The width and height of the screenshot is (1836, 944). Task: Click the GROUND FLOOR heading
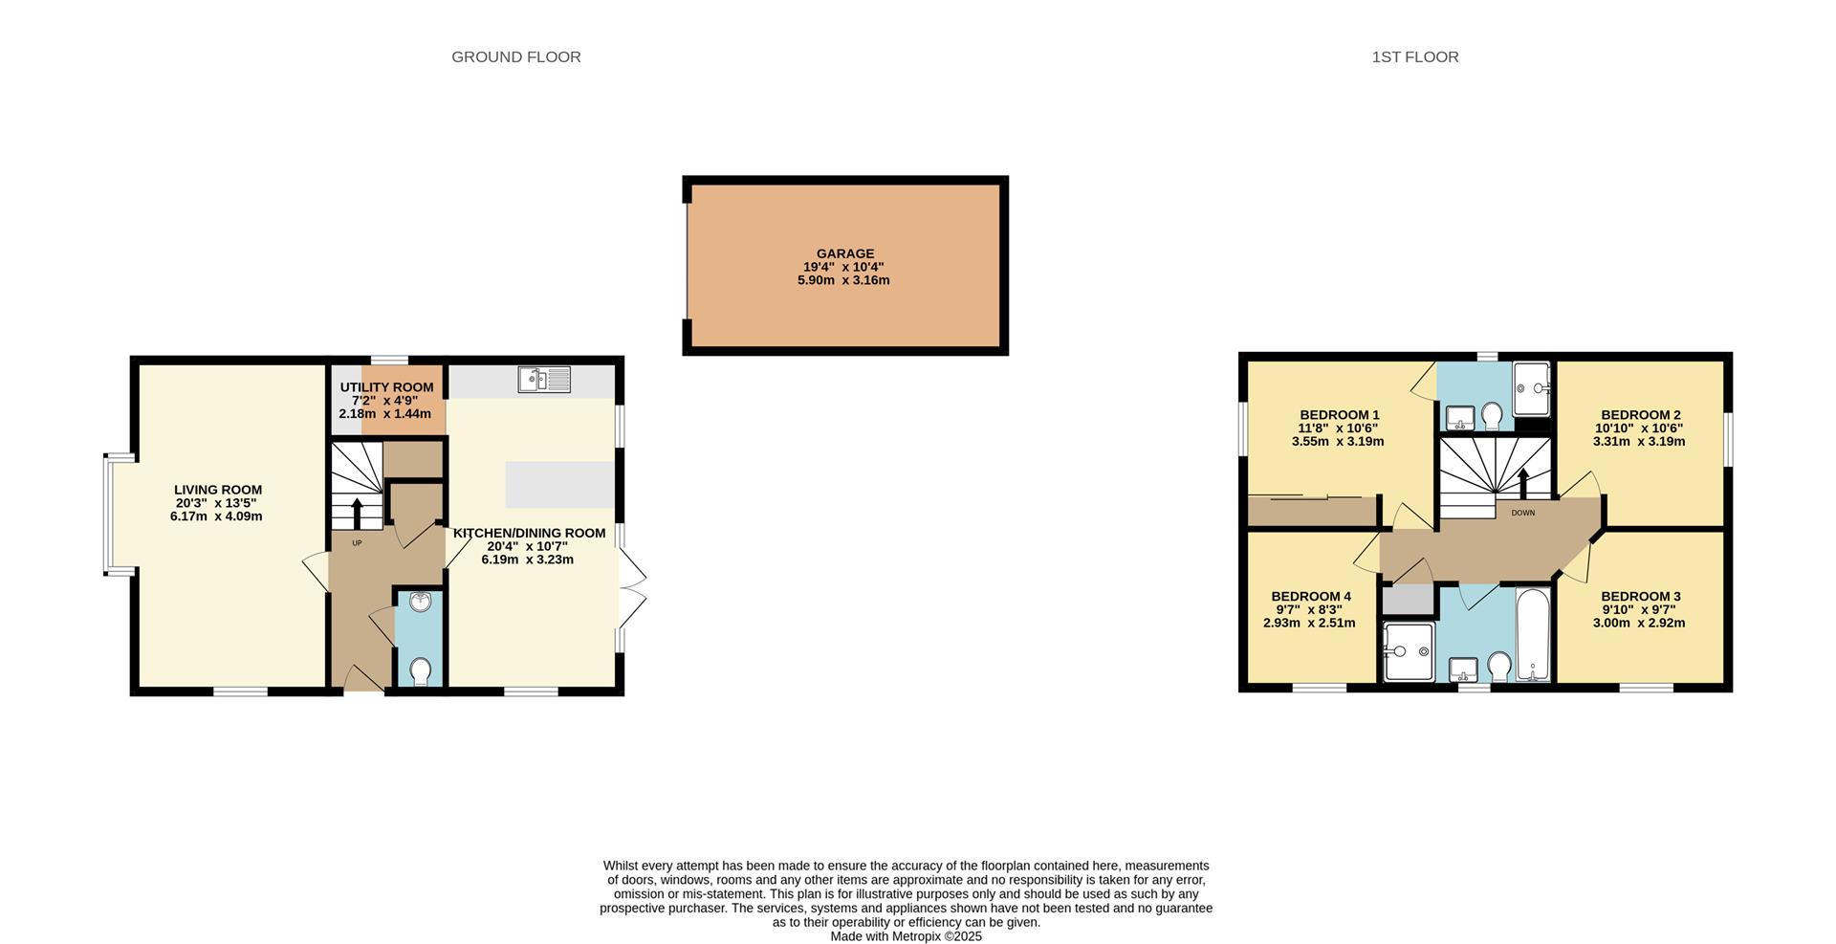tap(515, 57)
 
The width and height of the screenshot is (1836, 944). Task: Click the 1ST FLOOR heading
tap(1414, 57)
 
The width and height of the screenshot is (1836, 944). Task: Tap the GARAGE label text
tap(844, 253)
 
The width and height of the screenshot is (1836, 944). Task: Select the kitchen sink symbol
tap(544, 380)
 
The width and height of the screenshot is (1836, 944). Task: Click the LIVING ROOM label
tap(217, 490)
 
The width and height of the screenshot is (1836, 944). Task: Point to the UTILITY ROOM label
tap(386, 387)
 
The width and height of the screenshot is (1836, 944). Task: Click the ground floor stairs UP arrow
tap(357, 513)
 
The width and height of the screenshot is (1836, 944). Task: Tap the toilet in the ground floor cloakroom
tap(420, 671)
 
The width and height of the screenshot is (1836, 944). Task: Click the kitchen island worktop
tap(559, 485)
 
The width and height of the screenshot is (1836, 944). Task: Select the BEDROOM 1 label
tap(1339, 415)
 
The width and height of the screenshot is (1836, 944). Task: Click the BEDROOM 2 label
tap(1640, 415)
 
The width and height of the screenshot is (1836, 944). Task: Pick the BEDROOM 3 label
tap(1640, 596)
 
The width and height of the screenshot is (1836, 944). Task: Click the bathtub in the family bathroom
tap(1534, 636)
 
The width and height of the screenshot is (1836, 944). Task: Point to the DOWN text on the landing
tap(1522, 514)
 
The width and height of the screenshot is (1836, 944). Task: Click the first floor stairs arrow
tap(1523, 483)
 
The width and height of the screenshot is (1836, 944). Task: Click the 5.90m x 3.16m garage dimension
tap(843, 280)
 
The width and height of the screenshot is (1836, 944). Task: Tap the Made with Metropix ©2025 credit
tap(906, 936)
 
